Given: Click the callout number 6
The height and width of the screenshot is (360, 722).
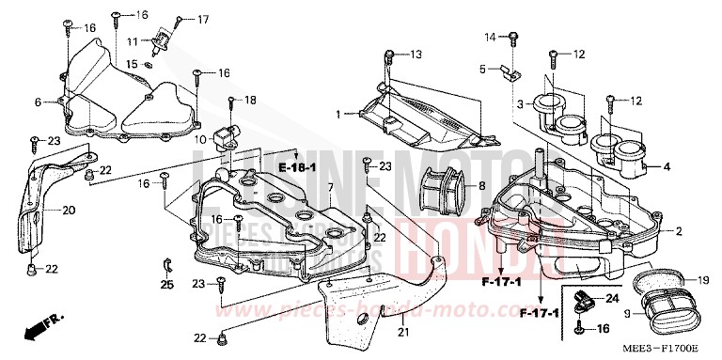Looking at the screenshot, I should [39, 102].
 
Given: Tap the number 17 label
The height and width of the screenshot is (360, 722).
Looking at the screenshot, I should [204, 19].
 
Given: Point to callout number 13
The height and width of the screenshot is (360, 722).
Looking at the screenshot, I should [416, 53].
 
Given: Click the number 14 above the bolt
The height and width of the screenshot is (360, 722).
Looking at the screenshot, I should [490, 37].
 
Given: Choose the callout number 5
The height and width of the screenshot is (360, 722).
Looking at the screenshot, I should [482, 69].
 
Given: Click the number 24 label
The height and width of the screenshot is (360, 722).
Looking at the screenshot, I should [611, 299].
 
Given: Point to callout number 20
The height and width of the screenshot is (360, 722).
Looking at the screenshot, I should [69, 210].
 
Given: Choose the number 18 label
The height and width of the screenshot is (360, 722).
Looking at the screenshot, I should [249, 100].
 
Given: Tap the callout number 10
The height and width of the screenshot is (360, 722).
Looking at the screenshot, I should [201, 139].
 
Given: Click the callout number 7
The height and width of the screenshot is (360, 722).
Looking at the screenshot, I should [331, 188].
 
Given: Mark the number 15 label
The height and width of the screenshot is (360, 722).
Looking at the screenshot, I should [133, 64].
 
